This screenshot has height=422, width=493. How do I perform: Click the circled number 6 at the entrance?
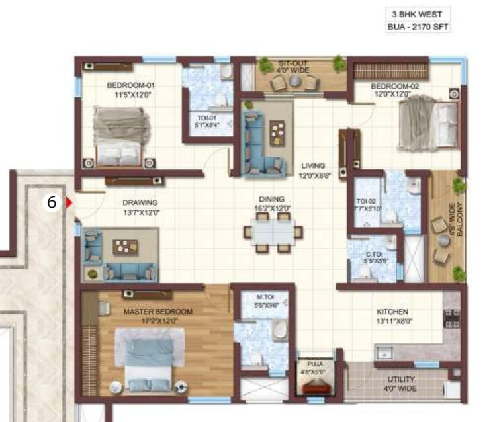click(x=52, y=203)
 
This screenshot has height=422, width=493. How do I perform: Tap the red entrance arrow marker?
click(x=68, y=204)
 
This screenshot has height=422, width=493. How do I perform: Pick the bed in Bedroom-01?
click(x=119, y=136)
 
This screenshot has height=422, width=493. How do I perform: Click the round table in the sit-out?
click(x=293, y=81)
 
